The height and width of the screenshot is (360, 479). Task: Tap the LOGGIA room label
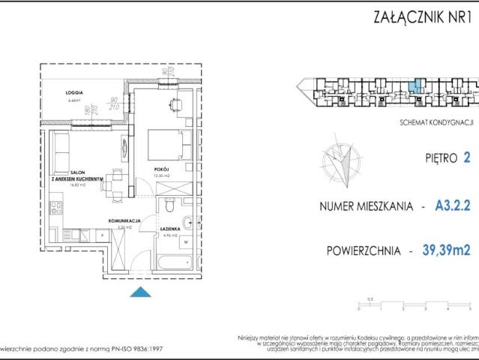click(x=73, y=92)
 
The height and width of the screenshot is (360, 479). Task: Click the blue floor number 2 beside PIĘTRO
click(x=467, y=158)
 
